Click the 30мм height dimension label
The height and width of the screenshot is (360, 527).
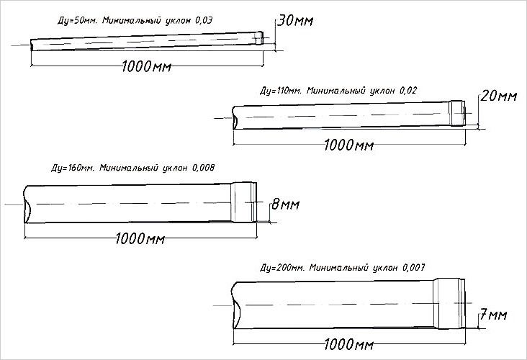(294, 21)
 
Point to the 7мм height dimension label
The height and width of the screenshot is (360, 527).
(493, 315)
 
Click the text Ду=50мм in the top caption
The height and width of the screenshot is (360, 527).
(75, 22)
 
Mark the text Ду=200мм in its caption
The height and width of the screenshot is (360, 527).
(281, 267)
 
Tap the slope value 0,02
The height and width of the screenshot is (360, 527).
(409, 91)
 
